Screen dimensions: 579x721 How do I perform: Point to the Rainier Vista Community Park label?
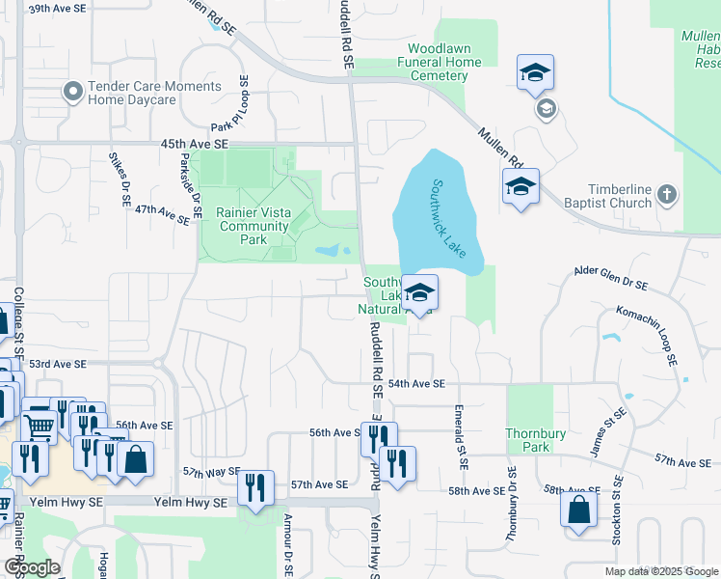tap(254, 226)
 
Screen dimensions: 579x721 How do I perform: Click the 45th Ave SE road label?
tap(195, 143)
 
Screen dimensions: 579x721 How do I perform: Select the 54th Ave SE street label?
tap(416, 384)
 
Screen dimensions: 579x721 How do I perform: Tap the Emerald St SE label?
tap(462, 437)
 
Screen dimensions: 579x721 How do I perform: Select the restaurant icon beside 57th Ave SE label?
tap(255, 487)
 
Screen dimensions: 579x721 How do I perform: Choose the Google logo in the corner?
tap(32, 567)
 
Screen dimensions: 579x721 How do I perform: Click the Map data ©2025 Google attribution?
tap(660, 571)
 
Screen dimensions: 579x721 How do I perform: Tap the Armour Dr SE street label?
tap(287, 545)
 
